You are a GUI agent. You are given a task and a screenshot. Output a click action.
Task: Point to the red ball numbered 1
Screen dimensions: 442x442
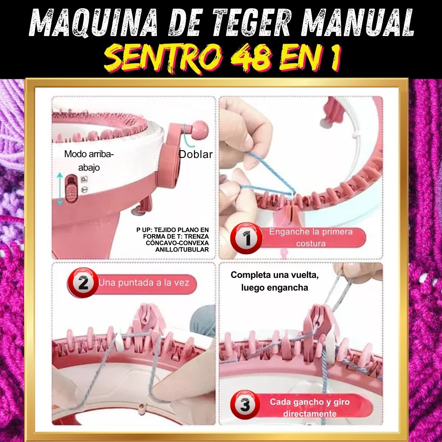click(x=246, y=238)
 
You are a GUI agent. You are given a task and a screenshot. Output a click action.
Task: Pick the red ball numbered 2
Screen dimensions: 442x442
click(x=83, y=282)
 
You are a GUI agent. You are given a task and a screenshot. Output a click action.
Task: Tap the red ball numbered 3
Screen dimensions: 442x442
click(x=245, y=404)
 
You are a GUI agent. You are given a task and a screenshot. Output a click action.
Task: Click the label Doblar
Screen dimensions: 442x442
click(x=196, y=154)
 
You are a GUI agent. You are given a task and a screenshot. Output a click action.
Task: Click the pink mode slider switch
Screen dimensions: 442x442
click(x=72, y=188)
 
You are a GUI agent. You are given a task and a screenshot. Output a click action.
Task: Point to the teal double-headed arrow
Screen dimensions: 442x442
click(x=60, y=189)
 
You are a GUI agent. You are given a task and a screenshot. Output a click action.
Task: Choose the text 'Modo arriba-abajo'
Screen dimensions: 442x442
click(x=89, y=161)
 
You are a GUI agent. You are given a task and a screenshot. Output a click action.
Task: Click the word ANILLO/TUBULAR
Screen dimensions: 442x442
click(x=182, y=250)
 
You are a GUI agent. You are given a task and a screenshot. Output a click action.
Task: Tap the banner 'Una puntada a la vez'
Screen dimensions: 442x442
click(x=144, y=283)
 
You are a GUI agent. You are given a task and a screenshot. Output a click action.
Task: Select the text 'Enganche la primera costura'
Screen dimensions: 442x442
click(x=311, y=238)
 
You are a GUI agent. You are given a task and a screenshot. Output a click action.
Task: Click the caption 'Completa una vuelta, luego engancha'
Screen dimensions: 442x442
click(x=275, y=281)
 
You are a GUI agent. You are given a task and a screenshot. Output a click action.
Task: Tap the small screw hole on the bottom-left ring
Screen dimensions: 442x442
click(x=141, y=406)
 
